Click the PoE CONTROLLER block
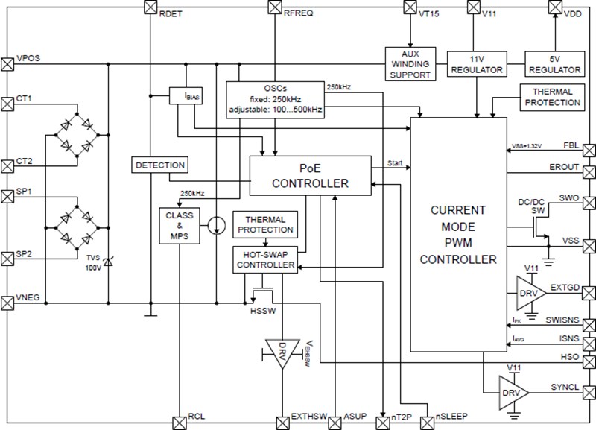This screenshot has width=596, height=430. pos(311,177)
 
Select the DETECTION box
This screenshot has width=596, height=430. pos(159,164)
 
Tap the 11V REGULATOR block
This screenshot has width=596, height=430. pos(477,64)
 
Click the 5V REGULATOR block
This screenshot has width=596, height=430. pos(554,64)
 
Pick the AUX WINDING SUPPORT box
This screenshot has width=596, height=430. pos(410,65)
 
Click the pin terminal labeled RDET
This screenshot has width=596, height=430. pos(148,7)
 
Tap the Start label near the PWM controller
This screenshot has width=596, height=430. pos(396,162)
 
